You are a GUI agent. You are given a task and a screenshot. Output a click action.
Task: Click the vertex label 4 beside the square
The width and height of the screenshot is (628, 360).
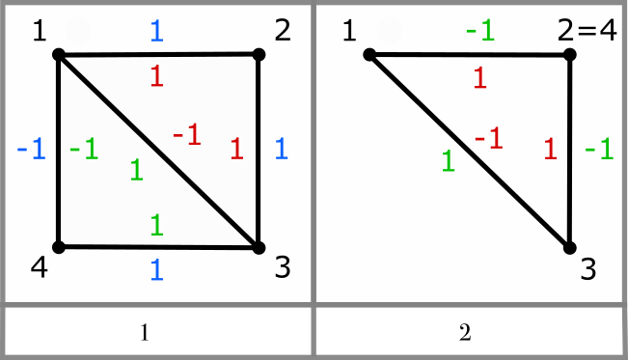(39, 268)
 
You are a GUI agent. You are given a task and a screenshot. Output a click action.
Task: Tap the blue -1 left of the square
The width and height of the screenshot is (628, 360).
(31, 150)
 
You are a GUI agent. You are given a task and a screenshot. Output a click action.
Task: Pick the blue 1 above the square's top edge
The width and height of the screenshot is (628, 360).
(156, 31)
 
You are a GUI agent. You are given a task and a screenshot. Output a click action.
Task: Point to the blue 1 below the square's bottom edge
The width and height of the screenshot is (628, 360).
(156, 270)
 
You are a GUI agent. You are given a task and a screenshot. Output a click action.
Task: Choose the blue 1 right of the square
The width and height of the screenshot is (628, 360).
(281, 149)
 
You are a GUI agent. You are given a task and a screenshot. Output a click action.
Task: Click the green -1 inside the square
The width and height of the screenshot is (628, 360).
(84, 150)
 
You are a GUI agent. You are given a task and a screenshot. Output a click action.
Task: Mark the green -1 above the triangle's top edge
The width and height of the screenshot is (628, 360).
(479, 30)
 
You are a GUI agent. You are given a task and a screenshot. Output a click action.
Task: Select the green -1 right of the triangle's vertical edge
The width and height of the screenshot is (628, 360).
(600, 149)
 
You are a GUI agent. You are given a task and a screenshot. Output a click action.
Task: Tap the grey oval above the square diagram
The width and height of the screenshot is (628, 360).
(78, 31)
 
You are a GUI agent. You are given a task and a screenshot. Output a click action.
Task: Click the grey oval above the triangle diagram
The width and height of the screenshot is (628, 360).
(390, 31)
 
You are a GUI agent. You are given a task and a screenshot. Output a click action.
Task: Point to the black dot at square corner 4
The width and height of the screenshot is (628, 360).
(59, 247)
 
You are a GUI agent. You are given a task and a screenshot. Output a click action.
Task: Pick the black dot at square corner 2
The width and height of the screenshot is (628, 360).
(259, 55)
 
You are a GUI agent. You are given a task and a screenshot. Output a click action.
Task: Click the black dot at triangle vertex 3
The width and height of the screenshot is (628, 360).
(569, 247)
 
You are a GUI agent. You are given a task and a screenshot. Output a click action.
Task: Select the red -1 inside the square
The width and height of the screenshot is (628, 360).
(187, 136)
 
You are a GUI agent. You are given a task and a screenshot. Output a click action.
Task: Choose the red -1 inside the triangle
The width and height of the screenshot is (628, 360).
(488, 139)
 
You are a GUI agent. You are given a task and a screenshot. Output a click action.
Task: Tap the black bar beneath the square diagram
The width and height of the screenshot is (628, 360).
(158, 331)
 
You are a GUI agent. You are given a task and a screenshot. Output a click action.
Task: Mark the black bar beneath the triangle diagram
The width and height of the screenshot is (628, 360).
(469, 331)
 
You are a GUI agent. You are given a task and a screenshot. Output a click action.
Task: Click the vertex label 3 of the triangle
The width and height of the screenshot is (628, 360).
(588, 269)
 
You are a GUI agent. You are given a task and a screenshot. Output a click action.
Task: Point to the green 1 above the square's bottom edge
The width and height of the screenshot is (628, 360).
(156, 226)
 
